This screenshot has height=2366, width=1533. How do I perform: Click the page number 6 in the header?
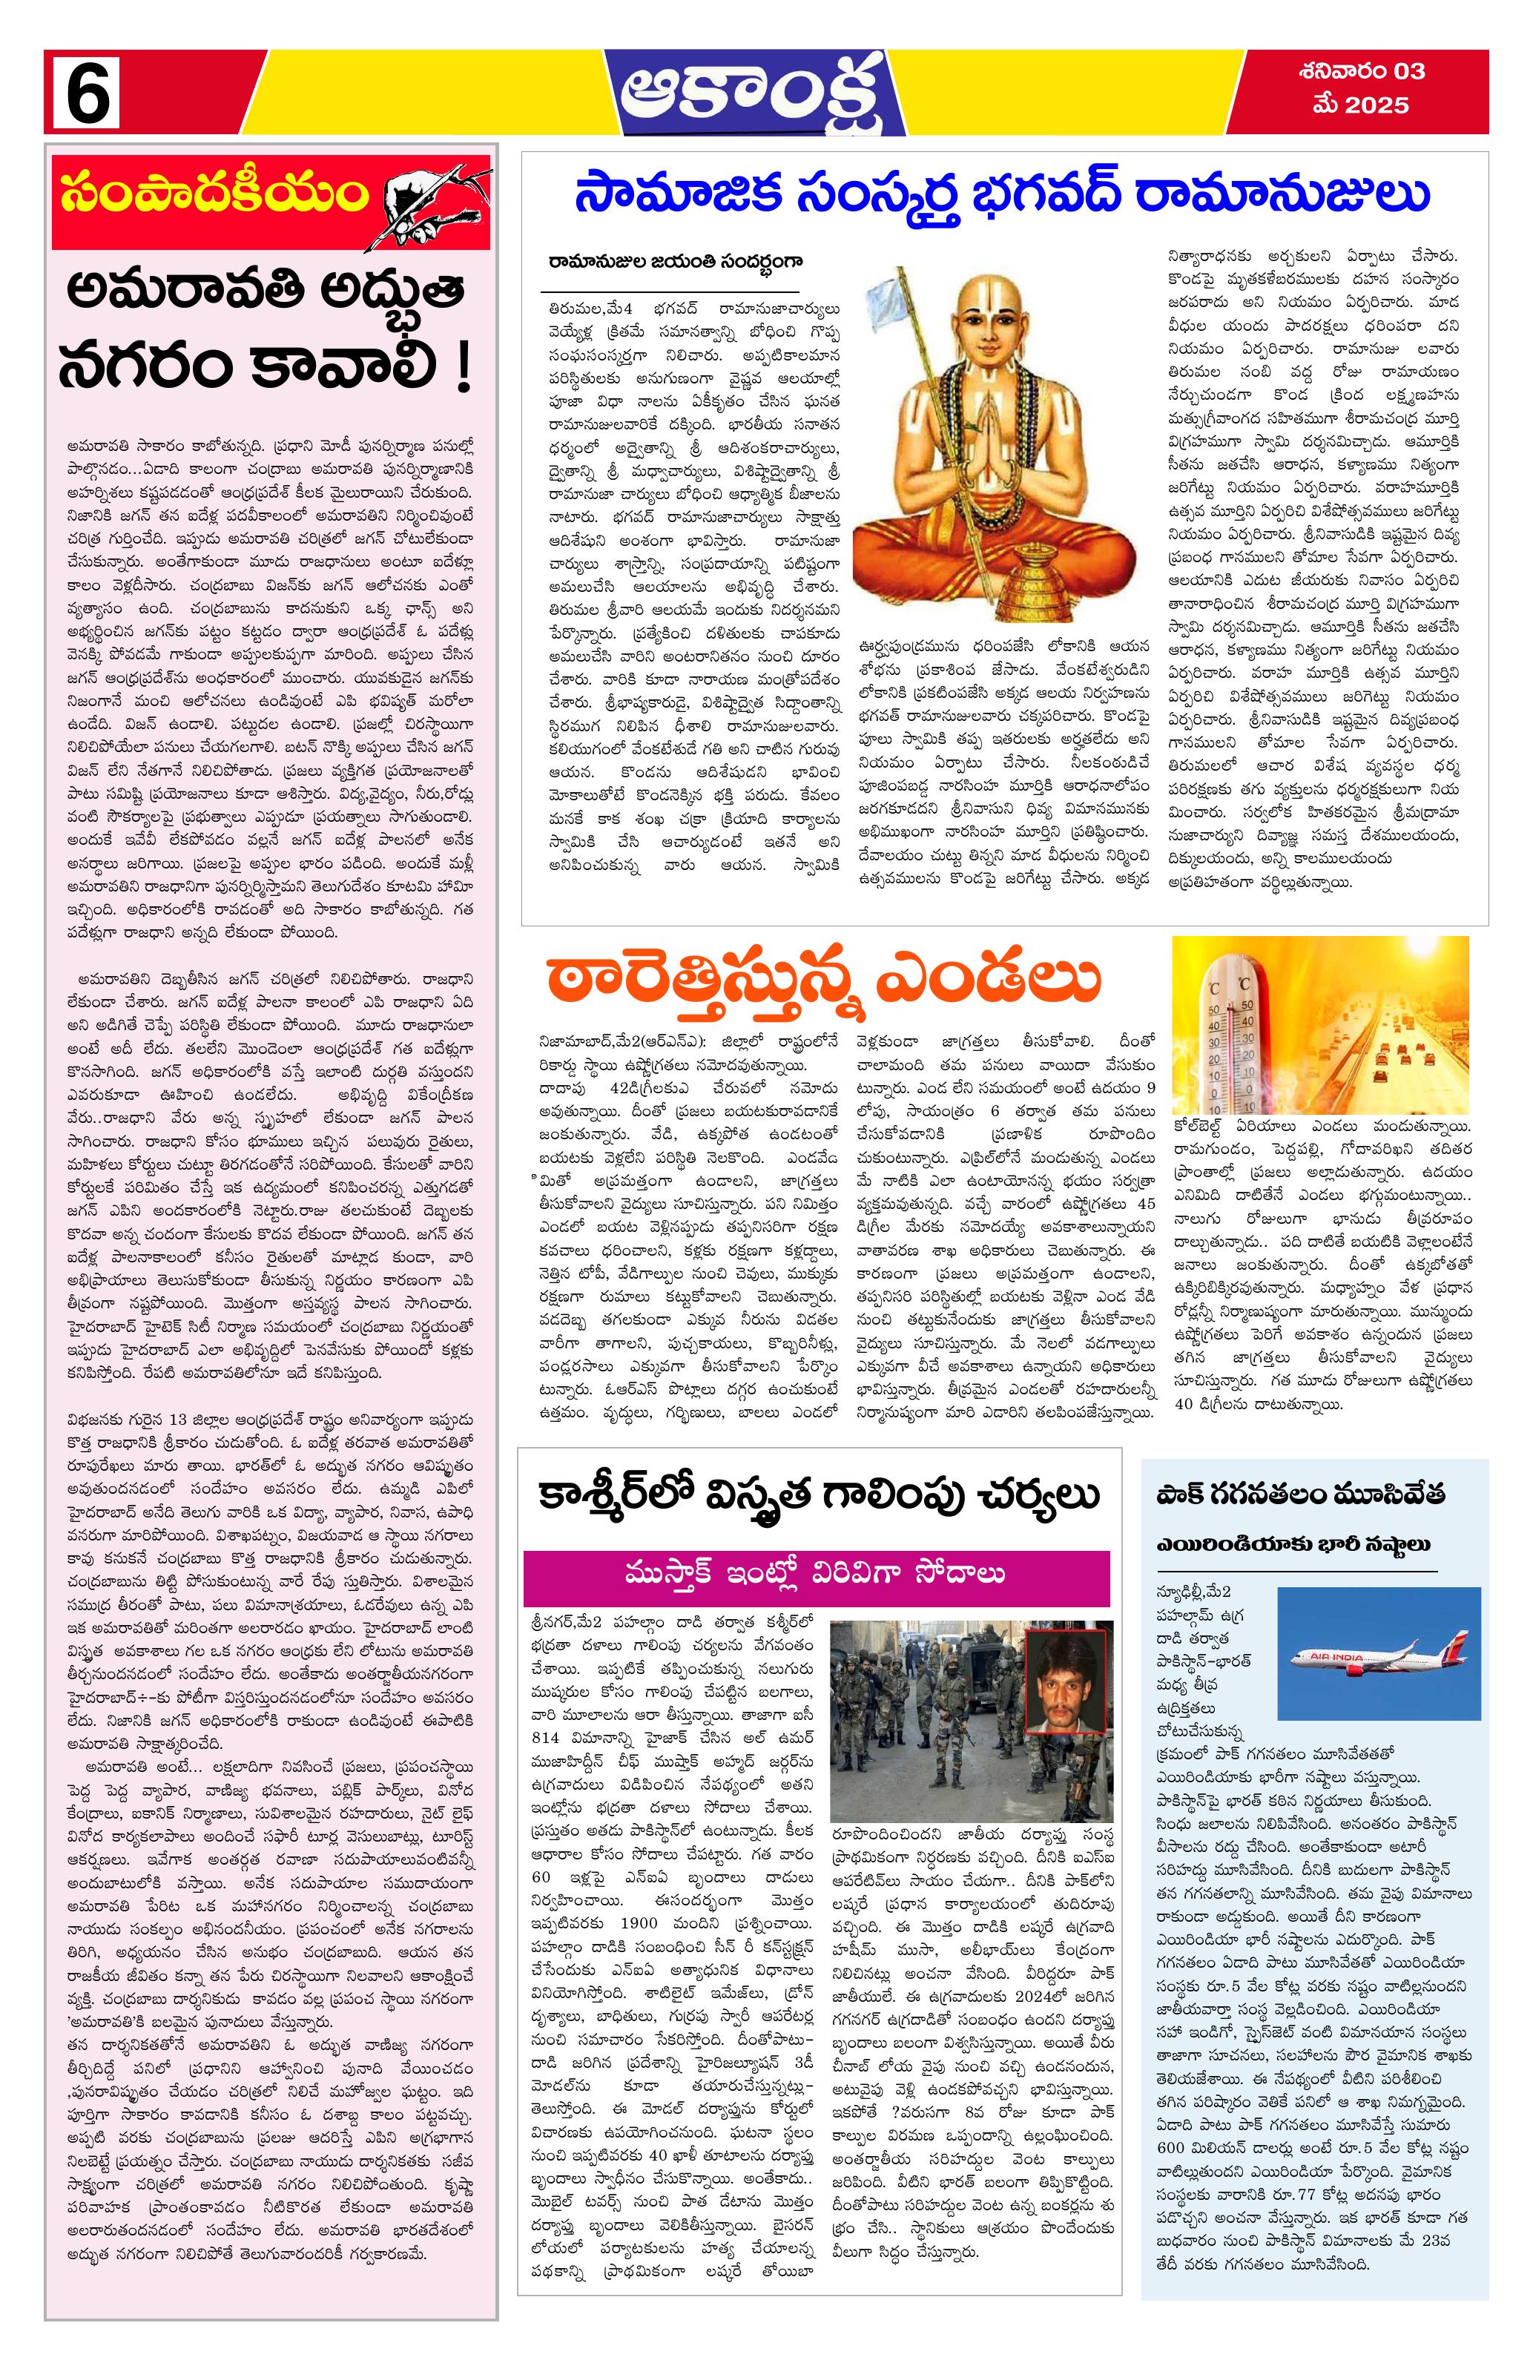[87, 93]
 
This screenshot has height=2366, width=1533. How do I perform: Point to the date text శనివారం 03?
[1360, 72]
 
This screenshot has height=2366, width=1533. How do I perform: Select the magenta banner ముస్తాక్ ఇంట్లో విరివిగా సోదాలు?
[815, 1572]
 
